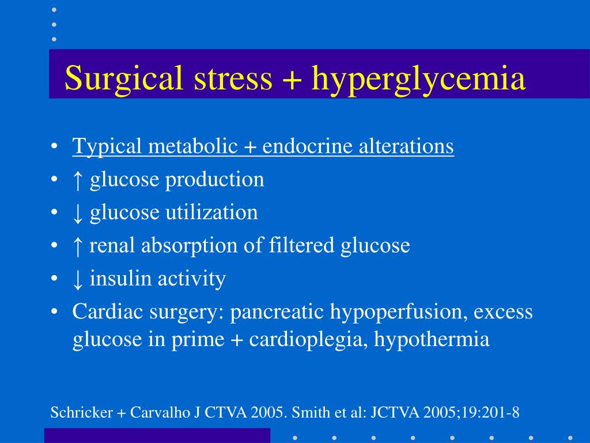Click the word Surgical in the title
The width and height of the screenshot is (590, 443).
(115, 78)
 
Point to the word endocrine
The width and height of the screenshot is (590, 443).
(308, 147)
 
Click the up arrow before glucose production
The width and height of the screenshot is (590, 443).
(78, 180)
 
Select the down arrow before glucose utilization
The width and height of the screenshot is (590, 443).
(78, 213)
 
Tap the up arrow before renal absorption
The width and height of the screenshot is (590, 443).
(78, 246)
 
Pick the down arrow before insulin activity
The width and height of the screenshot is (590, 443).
(78, 279)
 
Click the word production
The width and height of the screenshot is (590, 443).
(215, 180)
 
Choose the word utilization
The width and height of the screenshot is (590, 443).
(212, 213)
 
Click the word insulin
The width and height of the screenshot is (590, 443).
(114, 279)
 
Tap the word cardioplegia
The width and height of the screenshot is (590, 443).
(307, 339)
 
